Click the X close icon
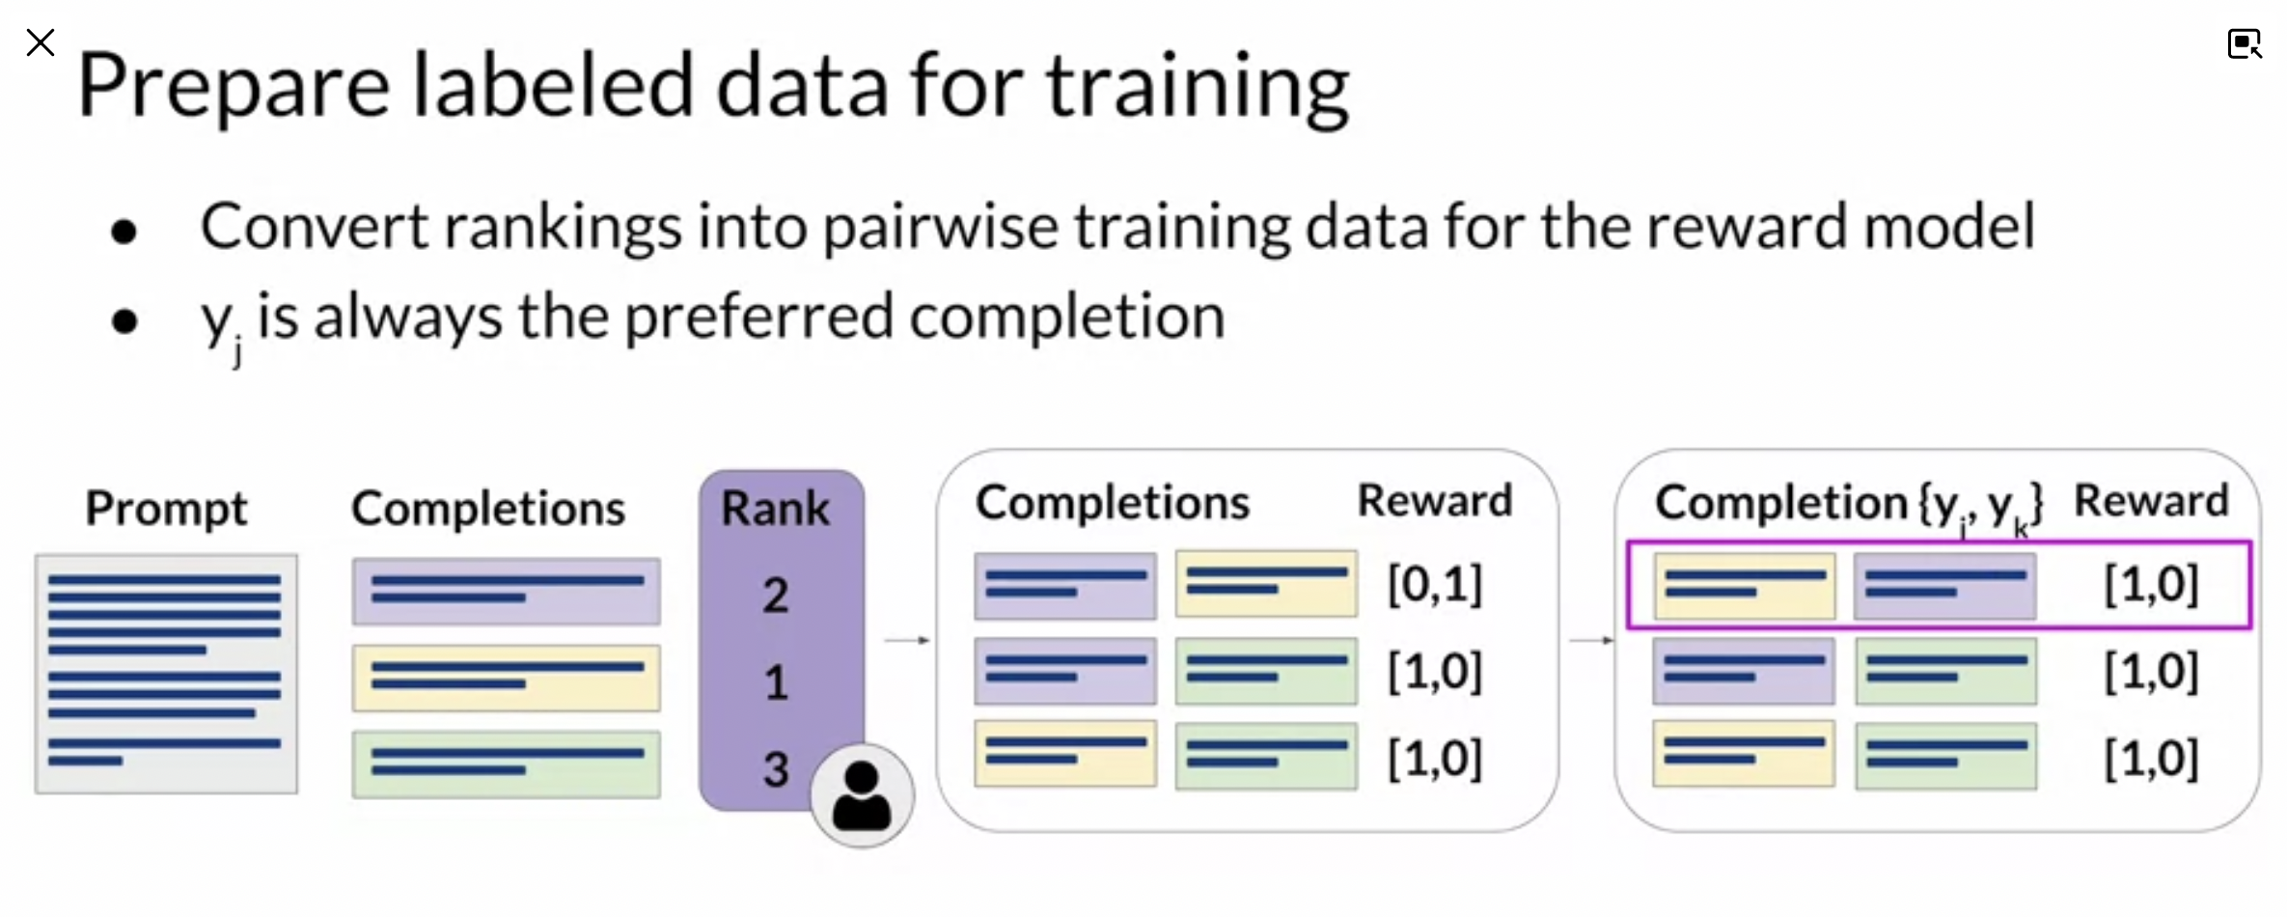tap(41, 42)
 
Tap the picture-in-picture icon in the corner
tap(2245, 43)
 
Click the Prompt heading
tap(166, 509)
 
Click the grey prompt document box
tap(166, 674)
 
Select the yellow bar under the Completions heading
tap(507, 678)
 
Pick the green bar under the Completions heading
tap(507, 764)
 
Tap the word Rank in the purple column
tap(775, 508)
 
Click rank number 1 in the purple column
tap(776, 682)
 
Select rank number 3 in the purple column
tap(776, 769)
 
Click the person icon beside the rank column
tap(862, 796)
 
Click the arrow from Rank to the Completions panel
tap(908, 640)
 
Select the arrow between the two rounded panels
tap(1592, 640)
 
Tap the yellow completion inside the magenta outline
tap(1744, 585)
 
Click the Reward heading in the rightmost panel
tap(2151, 501)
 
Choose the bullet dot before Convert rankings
tap(124, 231)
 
